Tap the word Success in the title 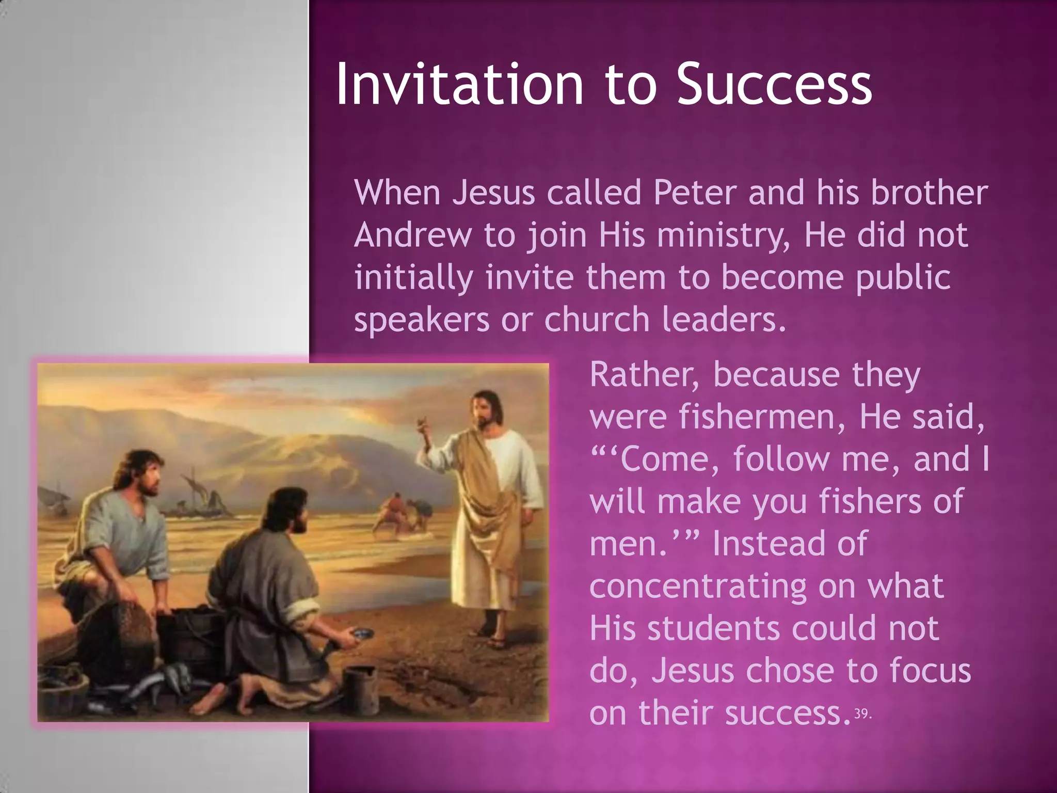774,85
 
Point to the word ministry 723,236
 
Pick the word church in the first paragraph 597,320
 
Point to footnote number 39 862,714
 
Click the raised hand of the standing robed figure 424,424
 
